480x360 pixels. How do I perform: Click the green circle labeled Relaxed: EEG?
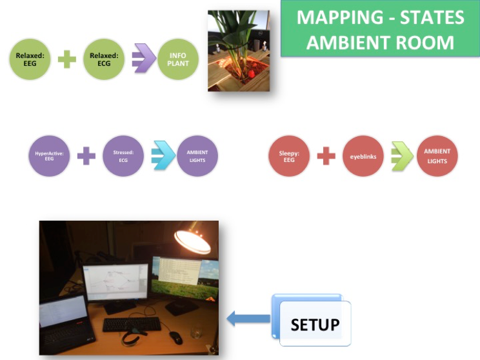tap(30, 59)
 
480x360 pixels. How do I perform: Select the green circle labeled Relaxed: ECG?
tap(104, 59)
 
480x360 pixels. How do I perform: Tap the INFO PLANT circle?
tap(178, 59)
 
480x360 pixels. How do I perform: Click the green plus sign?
tap(67, 59)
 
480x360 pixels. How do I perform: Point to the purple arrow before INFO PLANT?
tap(144, 58)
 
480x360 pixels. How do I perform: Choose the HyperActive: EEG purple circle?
tap(49, 156)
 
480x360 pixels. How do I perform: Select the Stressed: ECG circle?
tap(123, 156)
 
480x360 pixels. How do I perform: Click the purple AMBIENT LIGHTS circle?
tap(197, 156)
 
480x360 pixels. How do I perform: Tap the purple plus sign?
tap(86, 156)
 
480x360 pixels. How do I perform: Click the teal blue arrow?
tap(163, 155)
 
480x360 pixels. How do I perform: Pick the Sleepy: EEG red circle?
tap(289, 156)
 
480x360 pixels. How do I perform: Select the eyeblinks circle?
tap(363, 156)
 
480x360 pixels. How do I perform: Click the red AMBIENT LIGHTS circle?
tap(437, 156)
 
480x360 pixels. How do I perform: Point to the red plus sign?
tap(326, 156)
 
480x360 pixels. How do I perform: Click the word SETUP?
tap(315, 325)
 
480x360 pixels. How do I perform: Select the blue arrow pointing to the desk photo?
tap(248, 319)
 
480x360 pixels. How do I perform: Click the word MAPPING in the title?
tap(340, 17)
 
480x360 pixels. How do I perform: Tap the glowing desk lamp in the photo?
tap(193, 240)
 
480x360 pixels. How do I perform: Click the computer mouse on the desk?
tap(176, 337)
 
